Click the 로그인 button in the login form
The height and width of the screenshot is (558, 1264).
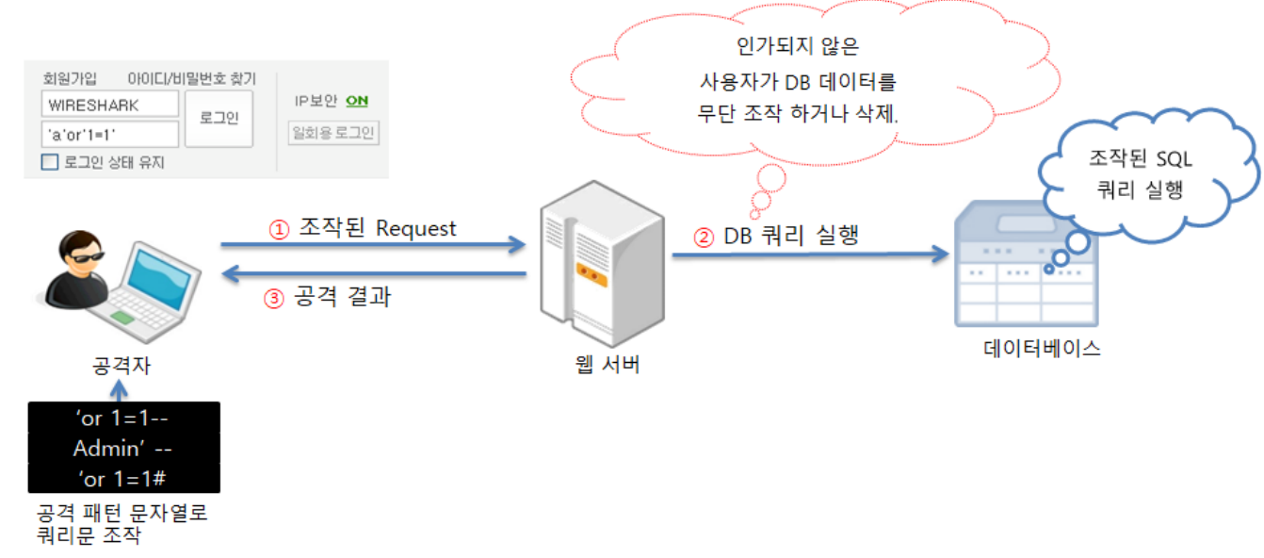(x=219, y=119)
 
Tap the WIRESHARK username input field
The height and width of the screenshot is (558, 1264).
(x=110, y=105)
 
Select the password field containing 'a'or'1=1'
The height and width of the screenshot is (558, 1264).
(x=110, y=134)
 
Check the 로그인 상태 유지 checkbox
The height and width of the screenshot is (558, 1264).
(x=50, y=162)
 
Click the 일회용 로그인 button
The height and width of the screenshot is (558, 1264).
(x=333, y=133)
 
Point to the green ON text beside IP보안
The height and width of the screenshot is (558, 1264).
(x=356, y=101)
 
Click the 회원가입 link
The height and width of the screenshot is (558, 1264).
(x=70, y=79)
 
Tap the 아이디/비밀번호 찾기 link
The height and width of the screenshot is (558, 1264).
(x=191, y=79)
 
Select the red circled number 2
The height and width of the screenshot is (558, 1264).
(x=704, y=238)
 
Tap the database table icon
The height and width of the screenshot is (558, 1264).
(x=1025, y=269)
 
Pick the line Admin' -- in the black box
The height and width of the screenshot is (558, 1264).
(x=123, y=448)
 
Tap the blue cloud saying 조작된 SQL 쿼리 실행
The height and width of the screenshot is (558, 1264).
(x=1145, y=174)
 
